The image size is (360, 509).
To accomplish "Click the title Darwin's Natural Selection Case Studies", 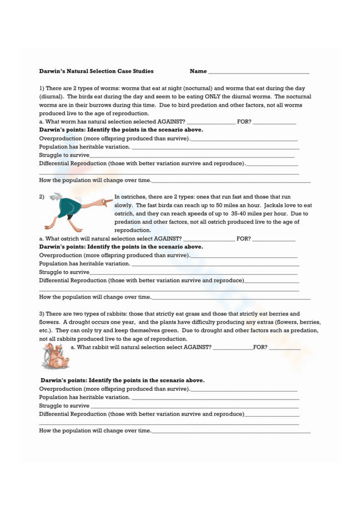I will (96, 71).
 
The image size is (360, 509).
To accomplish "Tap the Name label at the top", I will (198, 71).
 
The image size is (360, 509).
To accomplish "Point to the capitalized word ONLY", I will (212, 97).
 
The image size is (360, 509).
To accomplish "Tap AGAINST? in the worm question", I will (171, 122).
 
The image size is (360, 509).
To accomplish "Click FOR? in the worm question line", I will (244, 122).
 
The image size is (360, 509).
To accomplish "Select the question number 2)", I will (42, 197).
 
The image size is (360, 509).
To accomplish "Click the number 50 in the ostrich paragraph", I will (219, 205).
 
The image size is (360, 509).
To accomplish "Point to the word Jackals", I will (274, 205).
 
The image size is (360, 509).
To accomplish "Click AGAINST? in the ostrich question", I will (168, 238).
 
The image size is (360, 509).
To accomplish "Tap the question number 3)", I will (42, 314).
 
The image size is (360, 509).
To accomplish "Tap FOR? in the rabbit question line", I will (260, 347).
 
